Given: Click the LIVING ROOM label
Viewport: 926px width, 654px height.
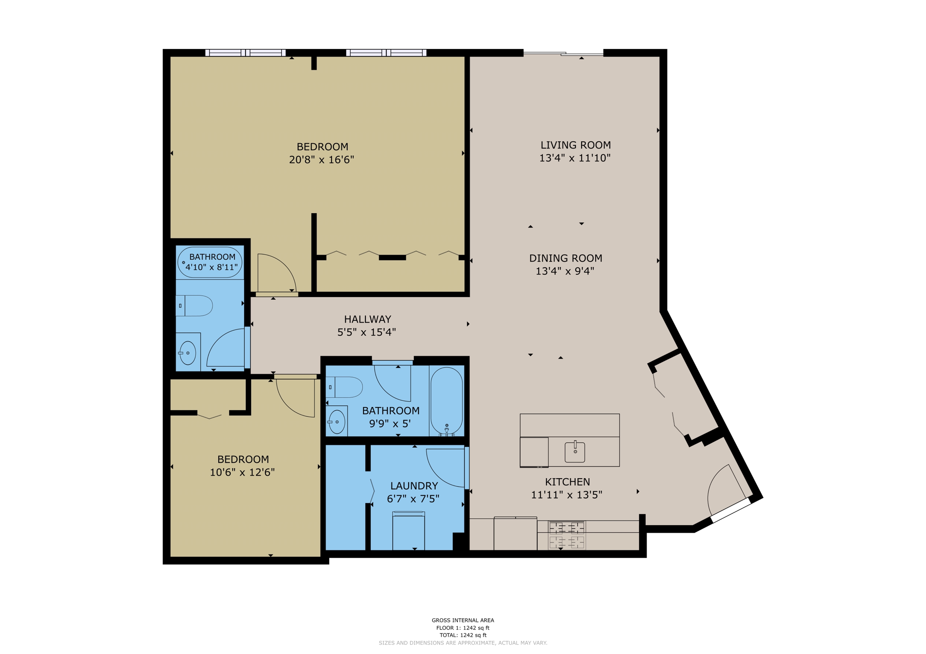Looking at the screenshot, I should point(575,145).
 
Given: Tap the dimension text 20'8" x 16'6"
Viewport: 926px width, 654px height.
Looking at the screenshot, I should point(321,160).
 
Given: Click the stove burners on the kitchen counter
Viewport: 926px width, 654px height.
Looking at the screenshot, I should point(567,535).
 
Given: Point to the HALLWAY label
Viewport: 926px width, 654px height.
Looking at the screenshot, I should point(367,319).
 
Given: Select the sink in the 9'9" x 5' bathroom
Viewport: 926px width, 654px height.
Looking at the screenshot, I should point(337,422).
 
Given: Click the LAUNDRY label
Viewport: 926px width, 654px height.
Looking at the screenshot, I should point(414,486).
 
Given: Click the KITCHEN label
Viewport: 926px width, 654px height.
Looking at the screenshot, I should point(567,482).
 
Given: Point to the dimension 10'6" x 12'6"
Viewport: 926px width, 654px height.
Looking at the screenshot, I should point(242,472).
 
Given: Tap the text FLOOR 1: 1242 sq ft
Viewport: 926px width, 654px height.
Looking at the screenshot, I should point(463,628).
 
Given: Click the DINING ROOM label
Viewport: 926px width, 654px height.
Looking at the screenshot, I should point(565,258).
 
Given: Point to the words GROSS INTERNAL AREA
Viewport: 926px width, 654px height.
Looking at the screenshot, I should point(463,620).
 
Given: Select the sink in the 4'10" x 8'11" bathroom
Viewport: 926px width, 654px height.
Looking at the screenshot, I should point(187,353).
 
